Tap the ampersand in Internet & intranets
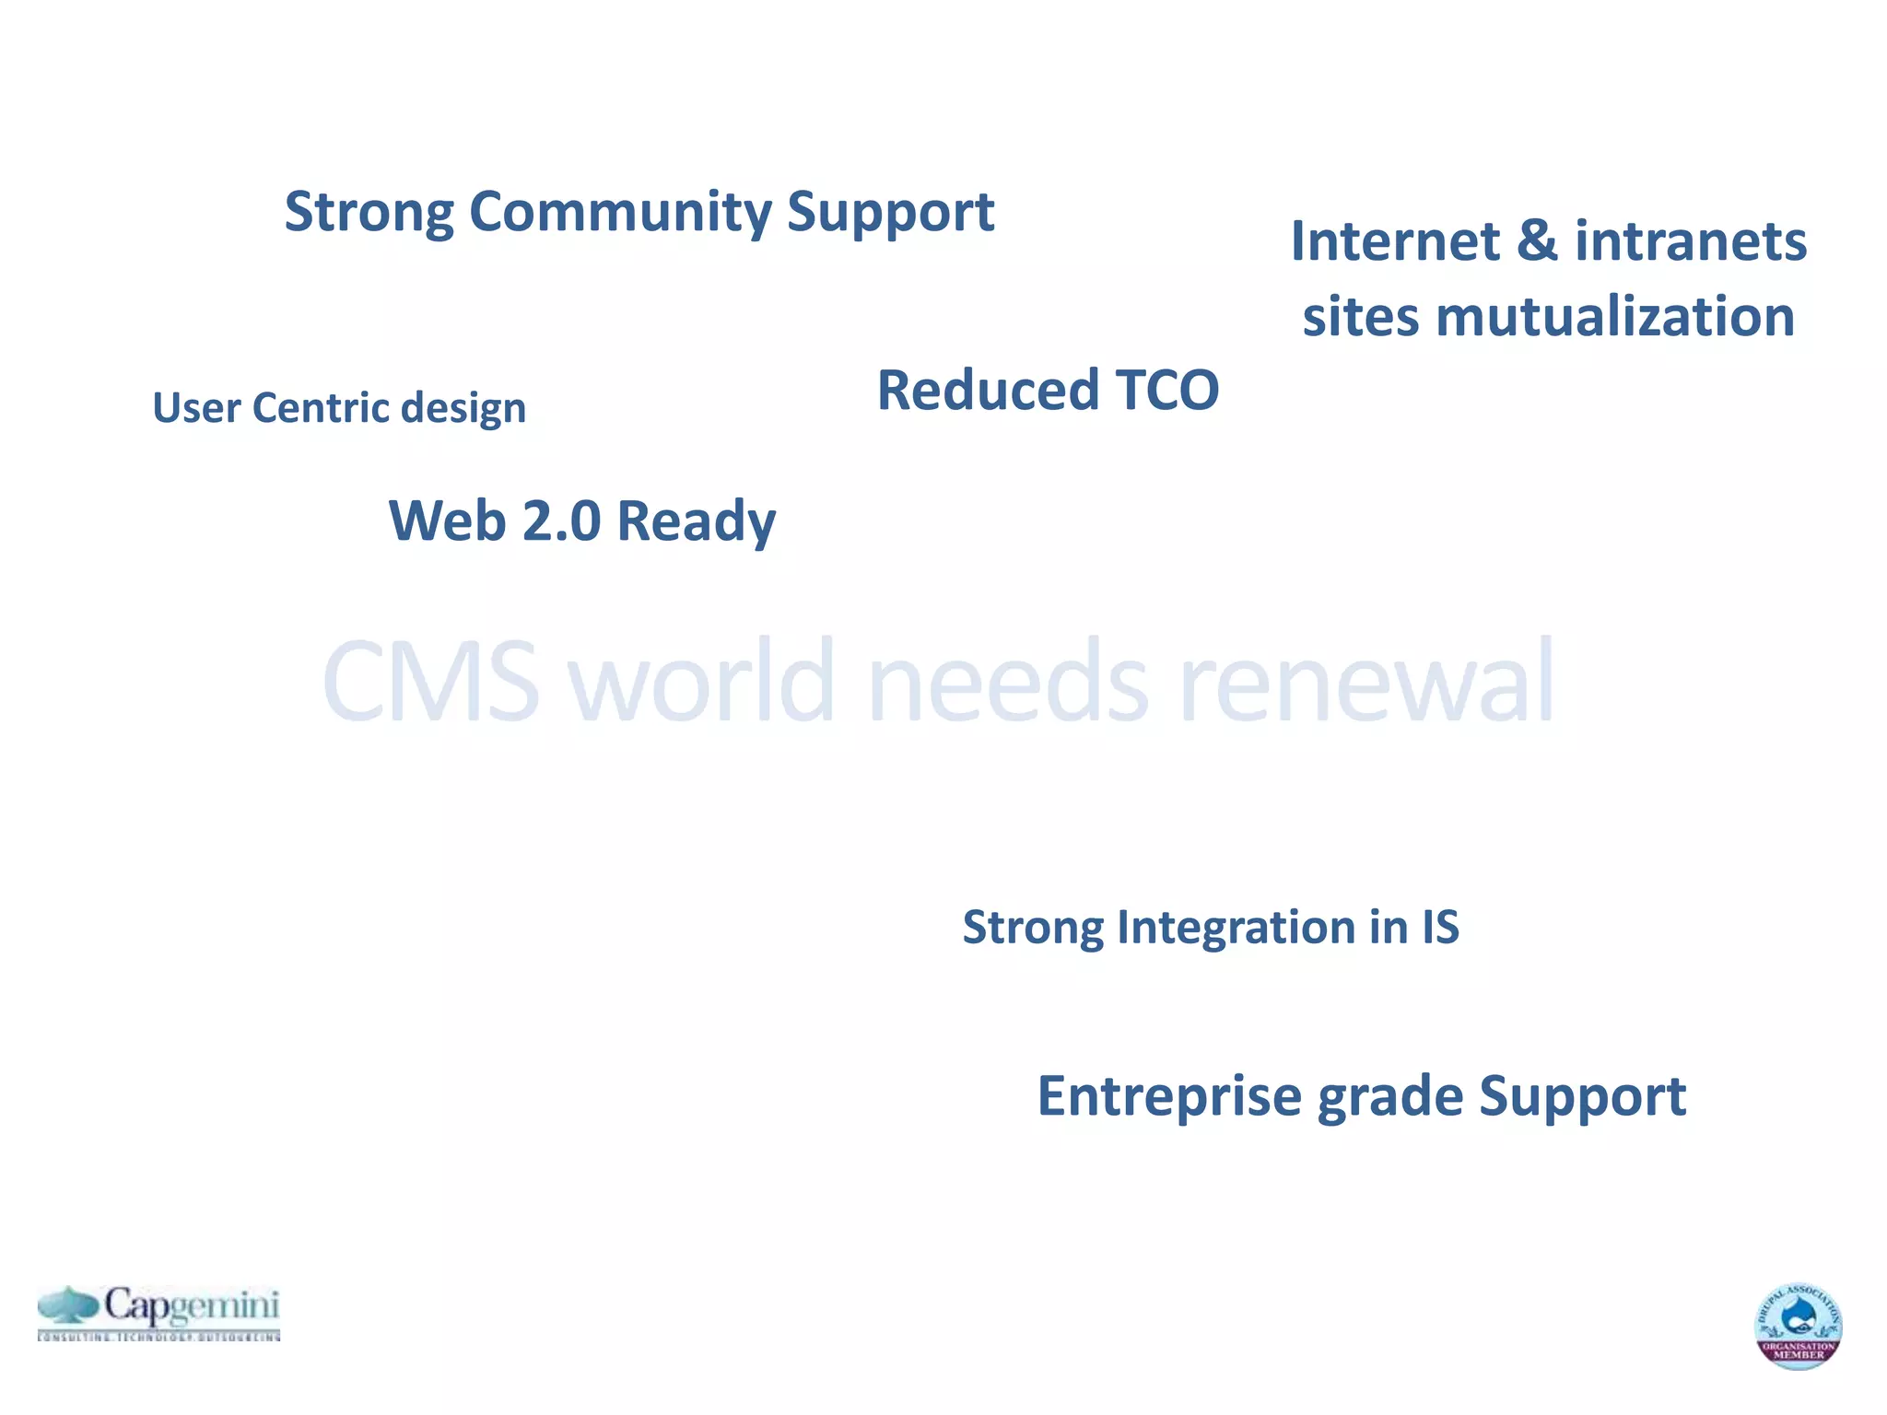(1537, 241)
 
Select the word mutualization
(1614, 317)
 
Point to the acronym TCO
(1166, 390)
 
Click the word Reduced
(988, 390)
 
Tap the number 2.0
(561, 520)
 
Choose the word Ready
(696, 522)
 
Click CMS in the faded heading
(430, 682)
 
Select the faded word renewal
(1366, 682)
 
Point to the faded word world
(702, 682)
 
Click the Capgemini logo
(158, 1312)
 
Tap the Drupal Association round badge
(1798, 1326)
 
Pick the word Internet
(1395, 241)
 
